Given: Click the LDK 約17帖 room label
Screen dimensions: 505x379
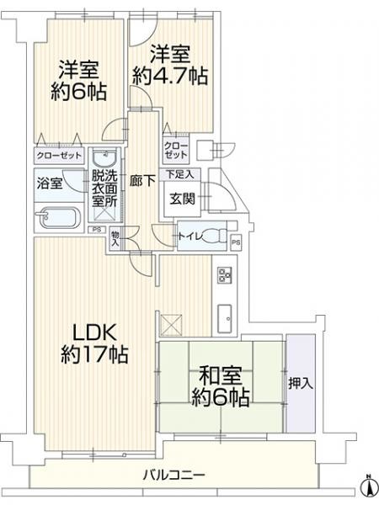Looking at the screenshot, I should tap(93, 342).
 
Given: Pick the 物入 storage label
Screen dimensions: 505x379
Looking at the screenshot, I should tap(115, 238).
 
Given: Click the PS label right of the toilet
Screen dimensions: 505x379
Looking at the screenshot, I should tap(236, 244).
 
